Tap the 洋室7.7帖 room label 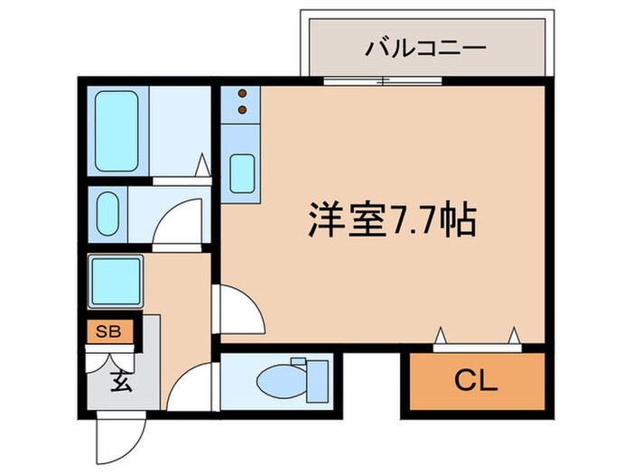tap(391, 218)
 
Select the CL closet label tap(476, 382)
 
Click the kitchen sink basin tap(243, 172)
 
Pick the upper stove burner tap(242, 94)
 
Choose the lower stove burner tap(242, 110)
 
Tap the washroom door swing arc tap(181, 226)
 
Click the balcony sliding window tap(383, 81)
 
